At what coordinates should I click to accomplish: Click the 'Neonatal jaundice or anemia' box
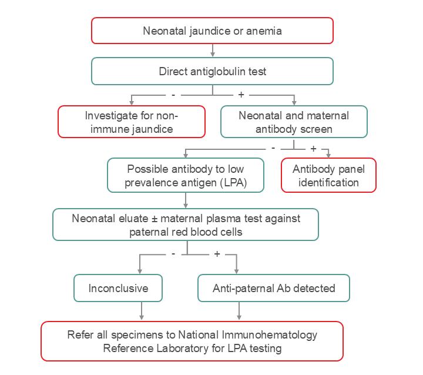pyautogui.click(x=212, y=31)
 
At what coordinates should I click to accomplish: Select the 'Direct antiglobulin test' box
pyautogui.click(x=212, y=72)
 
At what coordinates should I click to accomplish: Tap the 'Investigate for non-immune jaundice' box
pyautogui.click(x=131, y=122)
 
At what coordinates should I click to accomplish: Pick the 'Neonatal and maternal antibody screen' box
pyautogui.click(x=293, y=122)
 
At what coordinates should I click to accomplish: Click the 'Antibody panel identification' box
pyautogui.click(x=328, y=176)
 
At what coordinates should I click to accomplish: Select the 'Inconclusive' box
pyautogui.click(x=118, y=289)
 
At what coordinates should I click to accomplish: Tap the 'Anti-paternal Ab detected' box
pyautogui.click(x=273, y=289)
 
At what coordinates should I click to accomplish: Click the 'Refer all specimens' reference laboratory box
pyautogui.click(x=192, y=341)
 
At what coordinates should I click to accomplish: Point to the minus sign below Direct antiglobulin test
pyautogui.click(x=173, y=94)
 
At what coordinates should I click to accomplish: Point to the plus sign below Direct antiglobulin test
pyautogui.click(x=241, y=94)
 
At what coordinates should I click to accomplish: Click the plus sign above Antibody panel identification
pyautogui.click(x=313, y=149)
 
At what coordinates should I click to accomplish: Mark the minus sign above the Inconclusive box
pyautogui.click(x=173, y=254)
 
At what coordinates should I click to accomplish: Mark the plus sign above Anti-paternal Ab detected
pyautogui.click(x=217, y=254)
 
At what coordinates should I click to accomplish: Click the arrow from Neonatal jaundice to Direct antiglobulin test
pyautogui.click(x=212, y=50)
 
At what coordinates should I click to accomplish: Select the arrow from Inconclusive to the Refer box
pyautogui.click(x=142, y=311)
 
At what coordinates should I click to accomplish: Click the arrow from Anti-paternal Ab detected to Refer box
pyautogui.click(x=239, y=311)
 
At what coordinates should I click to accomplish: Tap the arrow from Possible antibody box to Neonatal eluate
pyautogui.click(x=186, y=200)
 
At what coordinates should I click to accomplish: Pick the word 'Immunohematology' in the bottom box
pyautogui.click(x=270, y=335)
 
